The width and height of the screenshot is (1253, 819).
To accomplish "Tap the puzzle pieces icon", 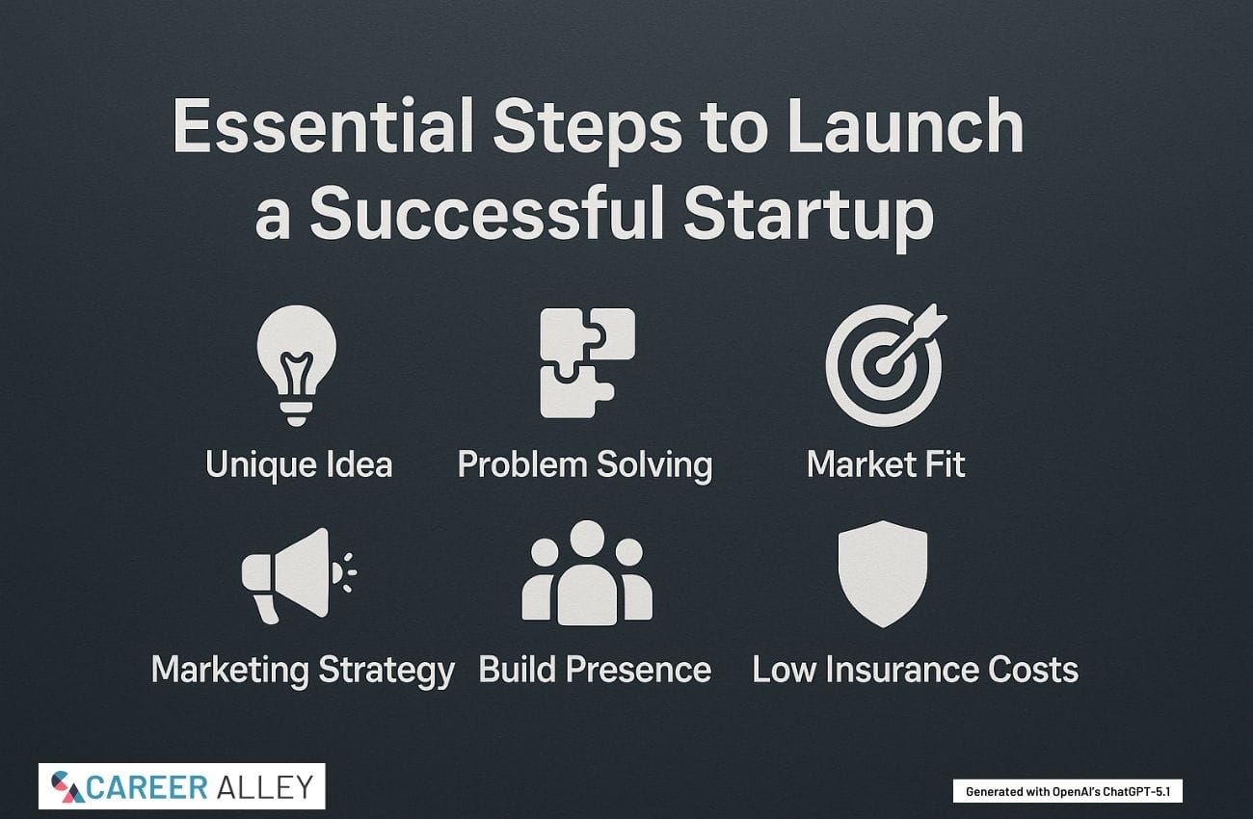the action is point(587,363).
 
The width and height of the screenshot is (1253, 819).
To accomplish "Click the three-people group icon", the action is point(587,572).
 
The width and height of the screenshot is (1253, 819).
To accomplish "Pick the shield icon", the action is point(883,573).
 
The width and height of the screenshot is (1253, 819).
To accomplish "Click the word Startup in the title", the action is point(809,217).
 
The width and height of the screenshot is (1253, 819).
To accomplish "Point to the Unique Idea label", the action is point(299,465).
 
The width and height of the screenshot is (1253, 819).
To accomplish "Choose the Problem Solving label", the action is point(585,465).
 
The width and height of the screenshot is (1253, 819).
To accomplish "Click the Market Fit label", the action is point(886,464).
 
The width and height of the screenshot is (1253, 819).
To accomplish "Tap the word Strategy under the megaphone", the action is point(387,671).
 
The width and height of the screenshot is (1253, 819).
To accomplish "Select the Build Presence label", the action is point(596,670).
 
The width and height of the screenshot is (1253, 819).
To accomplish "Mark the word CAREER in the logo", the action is point(147,787).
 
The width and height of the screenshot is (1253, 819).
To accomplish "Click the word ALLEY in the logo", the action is point(265,787).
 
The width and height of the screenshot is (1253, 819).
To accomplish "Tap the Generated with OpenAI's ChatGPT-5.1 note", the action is point(1068,791).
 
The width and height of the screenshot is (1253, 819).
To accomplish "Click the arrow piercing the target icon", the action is point(912,339).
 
